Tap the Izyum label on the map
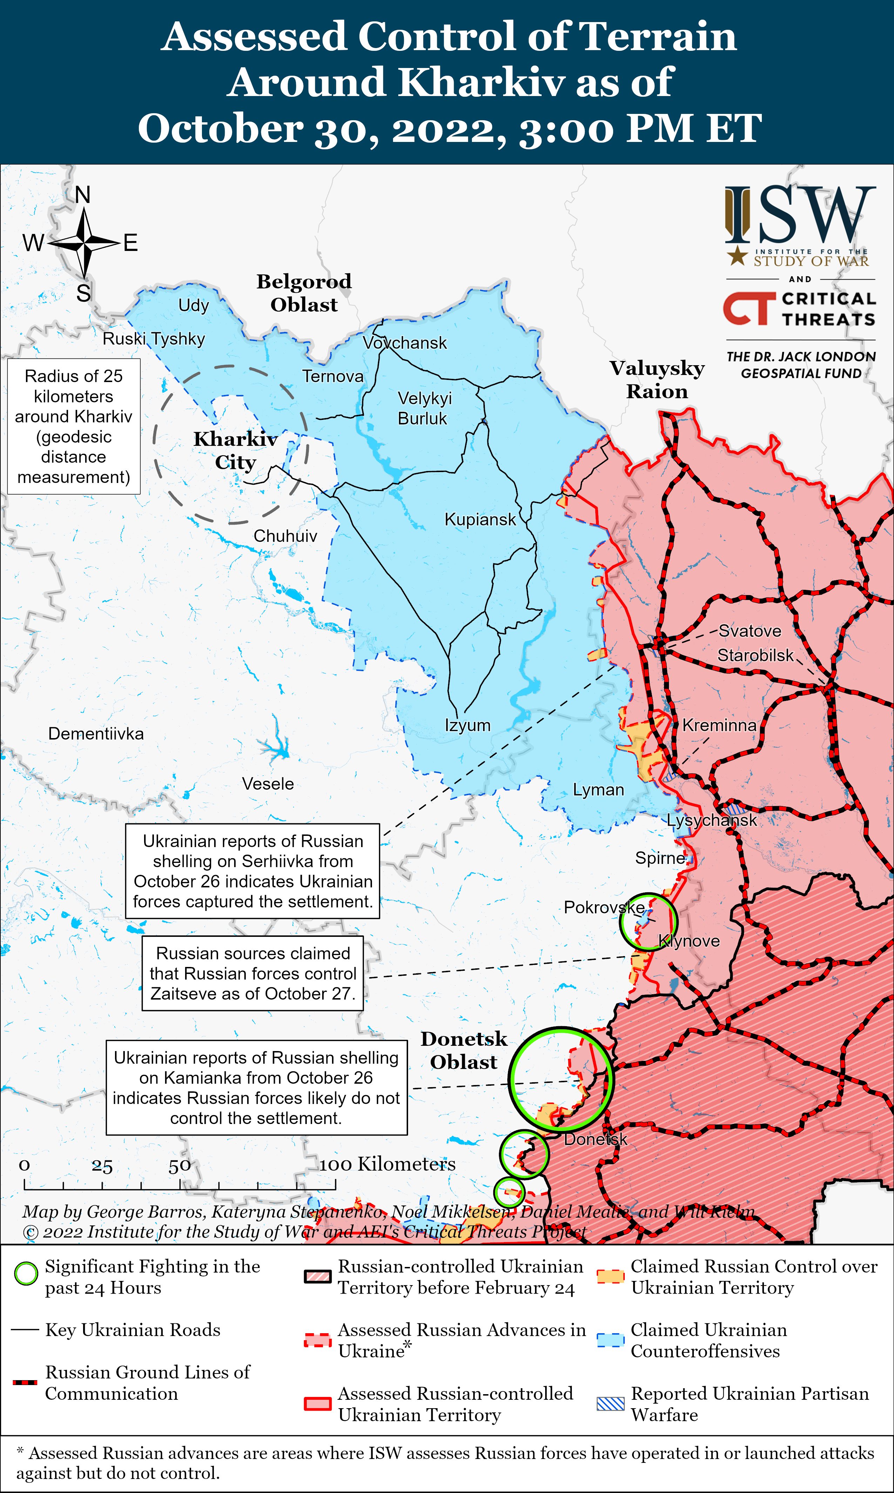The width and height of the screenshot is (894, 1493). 467,725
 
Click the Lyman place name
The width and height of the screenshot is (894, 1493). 598,790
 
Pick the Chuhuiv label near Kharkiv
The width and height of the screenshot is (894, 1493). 285,536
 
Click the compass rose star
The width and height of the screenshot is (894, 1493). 84,243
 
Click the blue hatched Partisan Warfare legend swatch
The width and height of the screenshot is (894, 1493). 610,1403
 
